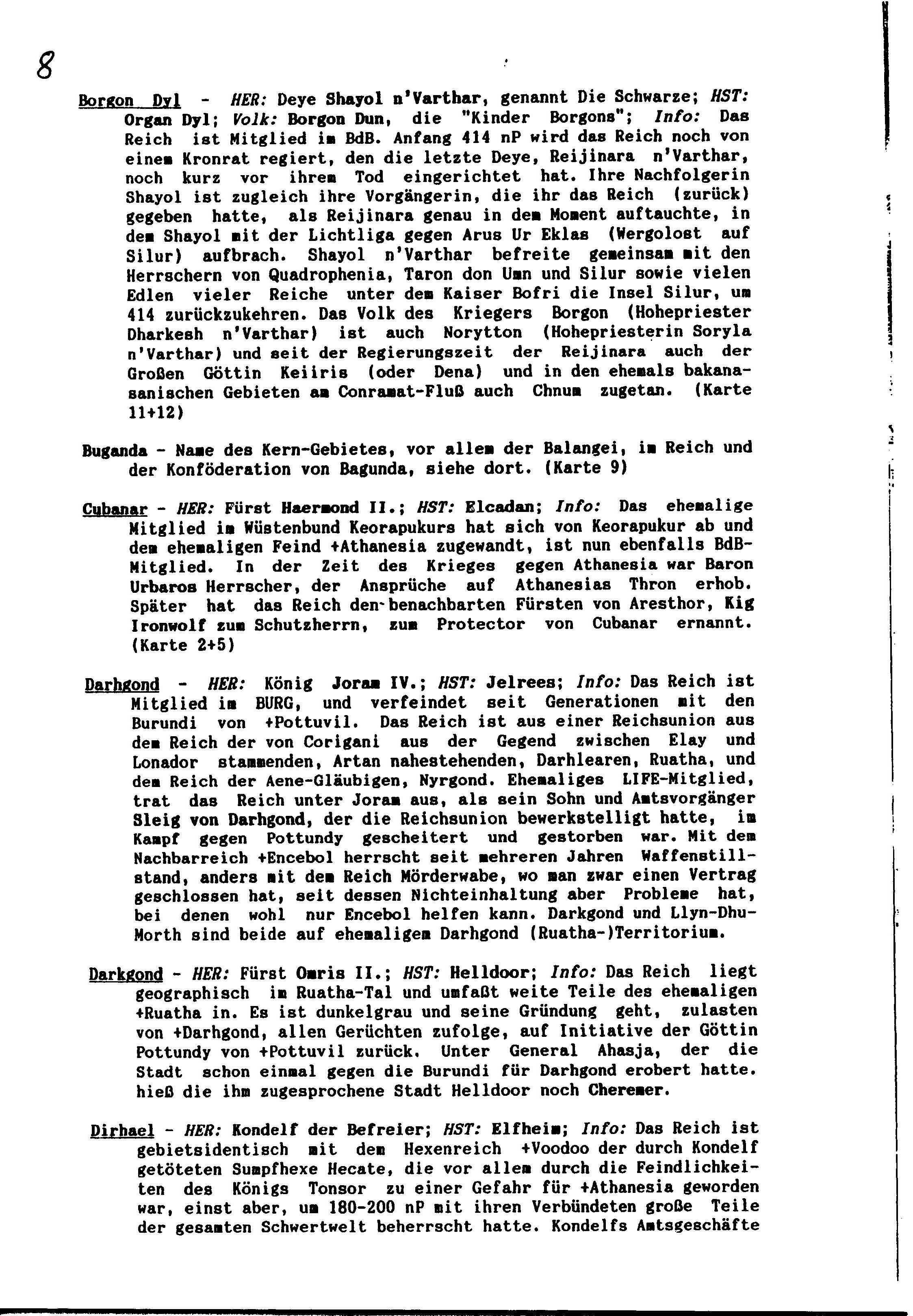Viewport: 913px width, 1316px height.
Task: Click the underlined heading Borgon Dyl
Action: pyautogui.click(x=130, y=101)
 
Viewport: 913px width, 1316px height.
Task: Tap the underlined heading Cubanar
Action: pyautogui.click(x=115, y=508)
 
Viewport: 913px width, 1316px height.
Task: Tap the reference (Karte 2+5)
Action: pyautogui.click(x=182, y=645)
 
